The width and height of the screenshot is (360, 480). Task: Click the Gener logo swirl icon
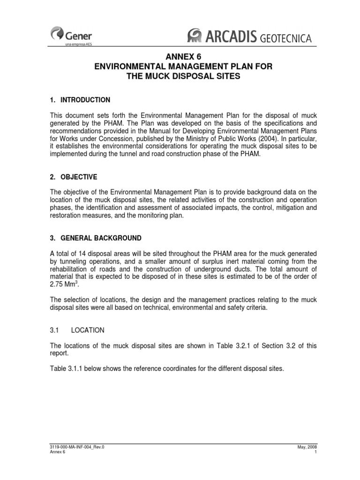point(57,33)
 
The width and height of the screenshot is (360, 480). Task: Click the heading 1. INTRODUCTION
point(80,100)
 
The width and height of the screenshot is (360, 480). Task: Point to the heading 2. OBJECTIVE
point(73,177)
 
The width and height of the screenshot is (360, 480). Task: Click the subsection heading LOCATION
point(87,330)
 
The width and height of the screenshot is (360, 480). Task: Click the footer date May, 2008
point(307,447)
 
